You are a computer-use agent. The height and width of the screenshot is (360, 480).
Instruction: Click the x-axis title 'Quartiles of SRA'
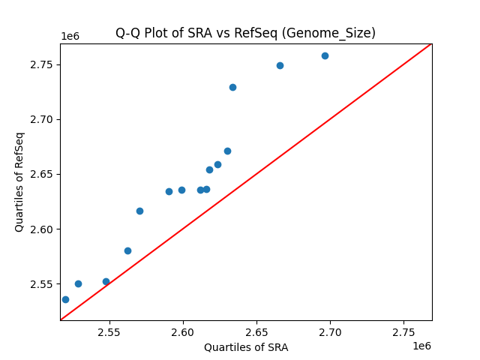click(x=246, y=347)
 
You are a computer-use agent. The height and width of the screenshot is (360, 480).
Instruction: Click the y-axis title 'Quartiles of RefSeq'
click(x=19, y=181)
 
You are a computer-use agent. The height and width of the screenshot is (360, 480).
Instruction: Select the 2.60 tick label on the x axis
click(x=183, y=331)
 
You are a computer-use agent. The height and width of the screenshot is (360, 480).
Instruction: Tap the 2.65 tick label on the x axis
click(x=256, y=331)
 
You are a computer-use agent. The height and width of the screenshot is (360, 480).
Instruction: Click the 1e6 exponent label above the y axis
click(x=70, y=37)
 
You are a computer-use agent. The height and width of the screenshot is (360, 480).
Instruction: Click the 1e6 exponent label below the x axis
click(x=421, y=346)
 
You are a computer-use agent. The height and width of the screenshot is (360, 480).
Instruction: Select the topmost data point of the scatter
click(x=325, y=55)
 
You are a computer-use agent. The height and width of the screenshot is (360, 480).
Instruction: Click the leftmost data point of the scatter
click(x=65, y=299)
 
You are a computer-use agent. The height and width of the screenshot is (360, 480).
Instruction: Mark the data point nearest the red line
click(x=106, y=281)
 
